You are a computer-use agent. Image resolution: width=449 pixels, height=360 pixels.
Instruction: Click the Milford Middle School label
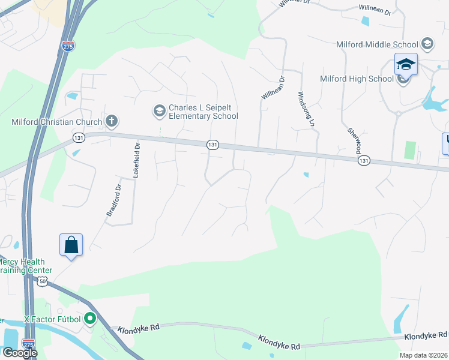tap(378, 44)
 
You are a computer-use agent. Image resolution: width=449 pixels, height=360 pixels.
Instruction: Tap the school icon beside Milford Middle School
tap(427, 44)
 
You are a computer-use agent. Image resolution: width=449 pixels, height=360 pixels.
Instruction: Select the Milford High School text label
tap(357, 79)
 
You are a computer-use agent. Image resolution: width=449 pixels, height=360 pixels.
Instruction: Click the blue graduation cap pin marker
tap(406, 64)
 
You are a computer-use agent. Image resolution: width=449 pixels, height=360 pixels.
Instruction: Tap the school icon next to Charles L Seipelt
tap(159, 110)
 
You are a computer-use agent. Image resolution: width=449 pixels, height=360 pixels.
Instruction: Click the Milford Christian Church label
tap(56, 122)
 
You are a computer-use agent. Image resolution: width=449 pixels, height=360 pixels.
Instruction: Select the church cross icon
tap(111, 121)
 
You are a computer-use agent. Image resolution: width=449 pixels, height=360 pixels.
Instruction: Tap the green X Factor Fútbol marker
tap(90, 319)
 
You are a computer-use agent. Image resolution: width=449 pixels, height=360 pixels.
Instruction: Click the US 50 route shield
tap(42, 281)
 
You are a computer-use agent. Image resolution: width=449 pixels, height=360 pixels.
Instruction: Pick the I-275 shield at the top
tap(68, 45)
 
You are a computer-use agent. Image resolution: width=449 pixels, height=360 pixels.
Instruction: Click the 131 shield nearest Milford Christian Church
tap(79, 137)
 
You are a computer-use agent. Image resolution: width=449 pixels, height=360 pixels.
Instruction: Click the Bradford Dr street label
tap(113, 200)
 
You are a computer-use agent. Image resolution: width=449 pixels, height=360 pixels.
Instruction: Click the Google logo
tap(19, 353)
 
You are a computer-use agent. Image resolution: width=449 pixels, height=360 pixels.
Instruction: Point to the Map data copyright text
tap(423, 355)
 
